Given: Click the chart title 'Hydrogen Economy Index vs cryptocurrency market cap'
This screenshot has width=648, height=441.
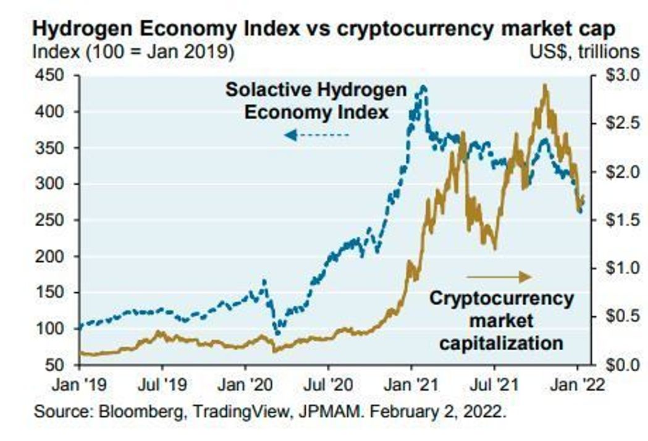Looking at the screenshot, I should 324,30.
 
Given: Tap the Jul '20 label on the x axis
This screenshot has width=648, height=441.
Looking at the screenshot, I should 328,385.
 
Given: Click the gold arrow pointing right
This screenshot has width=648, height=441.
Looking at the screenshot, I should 498,276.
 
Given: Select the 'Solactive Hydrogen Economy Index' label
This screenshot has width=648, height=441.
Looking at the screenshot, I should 316,101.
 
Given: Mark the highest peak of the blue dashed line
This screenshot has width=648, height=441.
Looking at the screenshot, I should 423,87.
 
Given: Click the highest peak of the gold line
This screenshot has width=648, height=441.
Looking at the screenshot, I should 544,85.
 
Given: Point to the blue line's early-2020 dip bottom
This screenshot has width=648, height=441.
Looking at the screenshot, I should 277,333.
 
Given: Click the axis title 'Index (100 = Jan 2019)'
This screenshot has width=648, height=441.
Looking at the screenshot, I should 133,52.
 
